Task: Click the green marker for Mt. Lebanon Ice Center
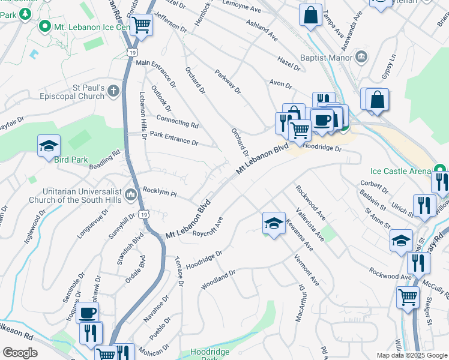coord(44,27)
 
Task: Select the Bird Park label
coord(71,160)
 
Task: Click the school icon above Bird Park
coord(49,146)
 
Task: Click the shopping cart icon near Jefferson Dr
coord(141,25)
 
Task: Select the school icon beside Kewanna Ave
coord(273,223)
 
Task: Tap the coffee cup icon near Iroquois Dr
coord(88,312)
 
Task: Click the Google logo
coord(20,352)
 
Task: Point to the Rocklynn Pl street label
coord(160,192)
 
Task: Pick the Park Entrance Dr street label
coord(173,138)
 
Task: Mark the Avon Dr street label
coord(280,85)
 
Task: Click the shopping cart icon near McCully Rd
coord(408,296)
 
